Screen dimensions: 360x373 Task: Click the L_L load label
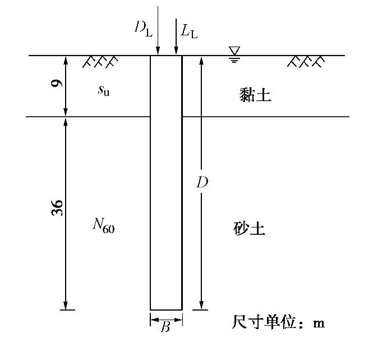coord(189,30)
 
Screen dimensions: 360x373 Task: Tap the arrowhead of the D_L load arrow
coord(158,52)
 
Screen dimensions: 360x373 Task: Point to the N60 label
coord(104,226)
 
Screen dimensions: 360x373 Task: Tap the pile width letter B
coord(165,327)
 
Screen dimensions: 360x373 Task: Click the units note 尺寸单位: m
coord(278,323)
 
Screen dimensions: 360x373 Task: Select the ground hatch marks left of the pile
coord(100,61)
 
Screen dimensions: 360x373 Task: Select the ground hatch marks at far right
coord(306,61)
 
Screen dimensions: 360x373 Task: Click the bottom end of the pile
coord(166,309)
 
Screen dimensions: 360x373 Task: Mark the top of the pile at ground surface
coord(166,56)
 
